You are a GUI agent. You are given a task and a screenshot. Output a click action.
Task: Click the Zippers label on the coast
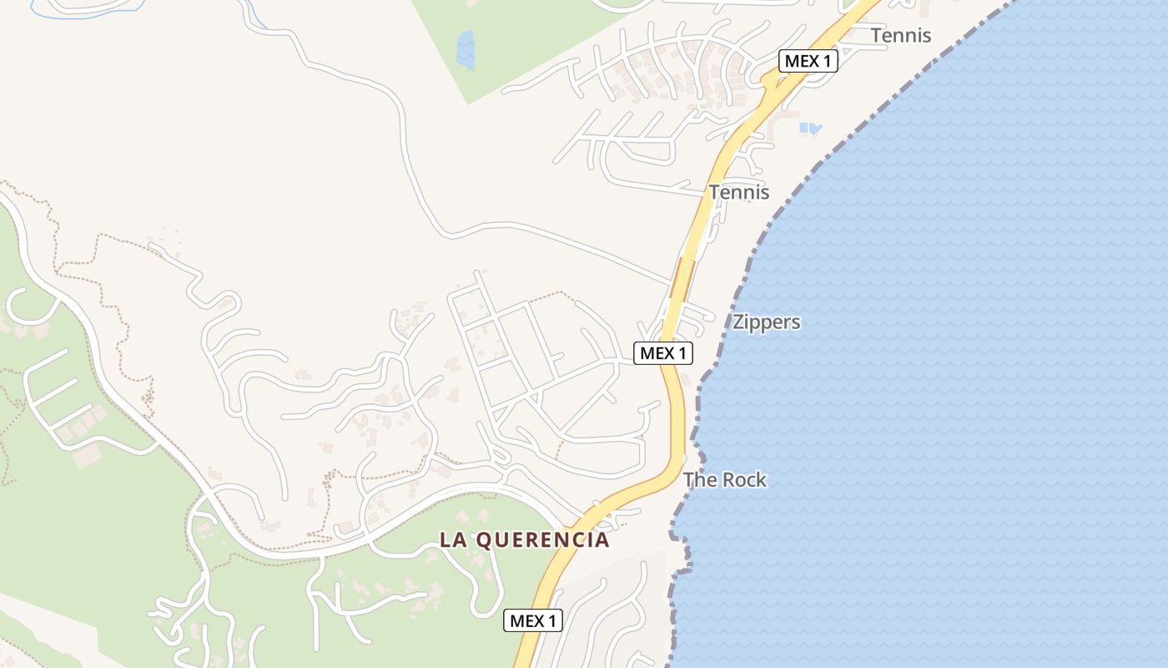(x=766, y=322)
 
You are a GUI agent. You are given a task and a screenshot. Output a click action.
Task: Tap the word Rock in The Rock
(x=744, y=480)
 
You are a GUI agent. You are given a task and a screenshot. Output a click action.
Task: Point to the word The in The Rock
(x=700, y=480)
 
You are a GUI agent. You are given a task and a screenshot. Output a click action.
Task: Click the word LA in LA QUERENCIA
(x=454, y=540)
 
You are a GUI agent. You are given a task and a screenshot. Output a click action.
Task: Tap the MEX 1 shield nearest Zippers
(x=663, y=353)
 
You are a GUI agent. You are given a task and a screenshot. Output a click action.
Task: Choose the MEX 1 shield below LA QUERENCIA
(x=533, y=620)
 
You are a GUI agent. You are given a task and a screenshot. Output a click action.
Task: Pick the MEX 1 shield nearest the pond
(x=808, y=61)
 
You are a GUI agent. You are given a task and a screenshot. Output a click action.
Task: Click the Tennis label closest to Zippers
(x=739, y=192)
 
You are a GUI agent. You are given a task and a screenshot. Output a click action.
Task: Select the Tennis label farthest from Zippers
(x=900, y=36)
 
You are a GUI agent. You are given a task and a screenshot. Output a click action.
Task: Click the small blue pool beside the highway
(x=809, y=129)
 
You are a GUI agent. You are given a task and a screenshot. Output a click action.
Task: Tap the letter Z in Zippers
(x=738, y=322)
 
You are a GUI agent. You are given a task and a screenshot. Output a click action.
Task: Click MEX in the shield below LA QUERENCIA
(x=526, y=620)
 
